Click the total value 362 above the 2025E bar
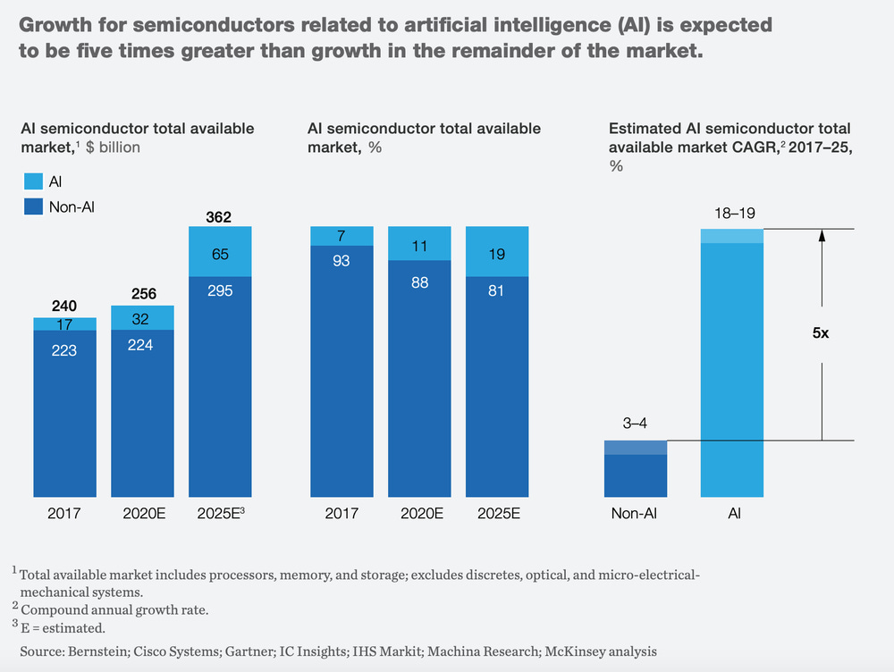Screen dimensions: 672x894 pos(219,215)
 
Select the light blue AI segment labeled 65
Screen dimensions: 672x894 pos(220,253)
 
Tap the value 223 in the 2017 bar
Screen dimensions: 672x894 pos(64,351)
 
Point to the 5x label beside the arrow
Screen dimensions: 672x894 pos(820,332)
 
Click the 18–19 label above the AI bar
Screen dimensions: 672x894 pos(731,214)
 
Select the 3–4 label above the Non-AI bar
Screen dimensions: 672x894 pos(635,424)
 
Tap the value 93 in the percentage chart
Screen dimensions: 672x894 pos(342,261)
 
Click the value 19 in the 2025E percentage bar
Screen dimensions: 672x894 pos(496,253)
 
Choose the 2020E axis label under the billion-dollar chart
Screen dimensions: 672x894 pos(142,514)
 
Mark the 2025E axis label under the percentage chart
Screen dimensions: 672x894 pos(496,514)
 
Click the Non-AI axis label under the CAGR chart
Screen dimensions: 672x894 pos(635,514)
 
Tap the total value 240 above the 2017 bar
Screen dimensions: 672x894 pos(64,306)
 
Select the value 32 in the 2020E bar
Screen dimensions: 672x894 pos(142,317)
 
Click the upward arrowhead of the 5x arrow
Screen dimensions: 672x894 pos(821,235)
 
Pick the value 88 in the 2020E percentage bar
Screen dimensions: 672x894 pos(418,282)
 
